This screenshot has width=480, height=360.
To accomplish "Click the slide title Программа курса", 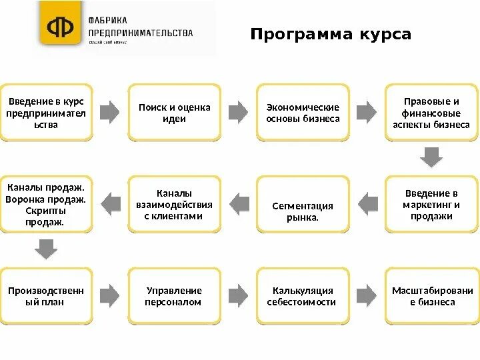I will click(331, 34).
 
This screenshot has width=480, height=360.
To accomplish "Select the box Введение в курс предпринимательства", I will click(46, 113).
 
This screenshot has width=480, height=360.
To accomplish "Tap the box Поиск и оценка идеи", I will click(174, 113).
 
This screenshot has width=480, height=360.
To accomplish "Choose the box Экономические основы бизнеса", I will click(303, 113).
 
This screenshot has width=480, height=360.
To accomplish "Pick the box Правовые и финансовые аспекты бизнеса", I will click(431, 113).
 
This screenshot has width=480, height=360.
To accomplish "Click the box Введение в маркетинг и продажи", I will click(431, 204).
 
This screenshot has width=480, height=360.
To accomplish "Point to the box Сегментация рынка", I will click(303, 205).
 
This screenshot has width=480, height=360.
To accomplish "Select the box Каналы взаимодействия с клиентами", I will click(174, 204).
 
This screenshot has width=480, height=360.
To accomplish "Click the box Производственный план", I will click(46, 296).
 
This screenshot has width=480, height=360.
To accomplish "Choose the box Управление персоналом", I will click(174, 296).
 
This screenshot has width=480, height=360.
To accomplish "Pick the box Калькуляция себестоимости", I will click(303, 296).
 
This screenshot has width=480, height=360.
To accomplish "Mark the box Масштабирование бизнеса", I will click(431, 296).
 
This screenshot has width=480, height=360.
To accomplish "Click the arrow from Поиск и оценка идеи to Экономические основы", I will click(238, 111).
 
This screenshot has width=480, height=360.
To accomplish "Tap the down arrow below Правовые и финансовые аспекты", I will click(431, 157).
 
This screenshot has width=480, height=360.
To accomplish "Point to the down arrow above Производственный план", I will click(46, 249).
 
